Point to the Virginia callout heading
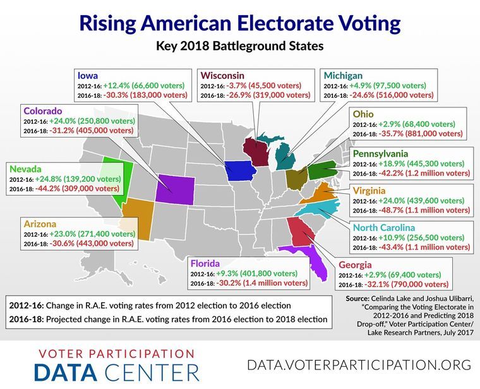(373, 189)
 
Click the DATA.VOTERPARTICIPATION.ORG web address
(359, 365)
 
